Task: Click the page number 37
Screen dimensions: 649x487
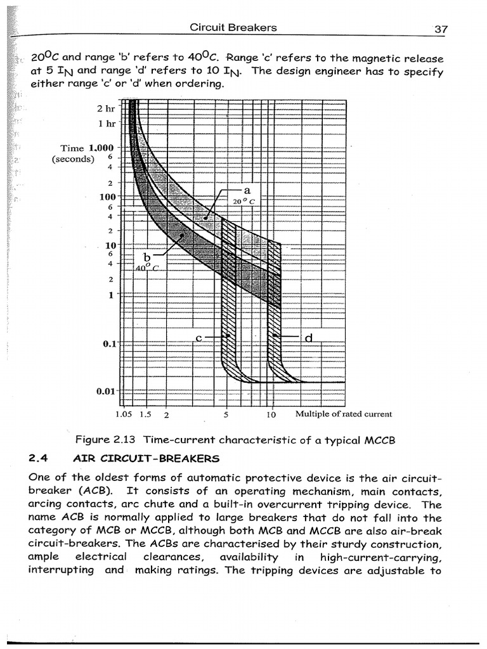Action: [x=441, y=29]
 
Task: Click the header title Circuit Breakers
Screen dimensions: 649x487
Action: [x=233, y=27]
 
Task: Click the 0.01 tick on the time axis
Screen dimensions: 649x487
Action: [x=105, y=391]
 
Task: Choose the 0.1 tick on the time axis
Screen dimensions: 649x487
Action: [x=108, y=344]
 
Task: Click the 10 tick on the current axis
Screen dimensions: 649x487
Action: [x=271, y=416]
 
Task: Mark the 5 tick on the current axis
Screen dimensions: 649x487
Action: [x=226, y=416]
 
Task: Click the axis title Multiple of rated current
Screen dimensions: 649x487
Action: [x=344, y=414]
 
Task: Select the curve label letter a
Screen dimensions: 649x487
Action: [x=247, y=190]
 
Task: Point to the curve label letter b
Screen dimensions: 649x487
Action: [x=146, y=257]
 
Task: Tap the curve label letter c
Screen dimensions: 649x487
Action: [x=198, y=338]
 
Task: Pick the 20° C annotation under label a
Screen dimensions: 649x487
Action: [x=243, y=202]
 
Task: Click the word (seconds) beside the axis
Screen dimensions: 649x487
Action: [x=73, y=159]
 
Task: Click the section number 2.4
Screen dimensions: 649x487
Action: [x=39, y=458]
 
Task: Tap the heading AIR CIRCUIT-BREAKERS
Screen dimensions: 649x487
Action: [x=146, y=458]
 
